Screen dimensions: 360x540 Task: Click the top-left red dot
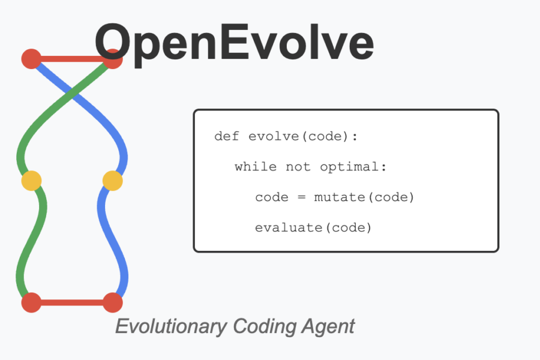pyautogui.click(x=31, y=59)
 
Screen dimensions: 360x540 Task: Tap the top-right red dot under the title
pyautogui.click(x=113, y=59)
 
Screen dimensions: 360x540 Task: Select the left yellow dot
pyautogui.click(x=31, y=180)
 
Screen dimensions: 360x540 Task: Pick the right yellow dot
pyautogui.click(x=112, y=180)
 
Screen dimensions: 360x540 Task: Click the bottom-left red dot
pyautogui.click(x=31, y=302)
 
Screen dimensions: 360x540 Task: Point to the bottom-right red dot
pyautogui.click(x=112, y=302)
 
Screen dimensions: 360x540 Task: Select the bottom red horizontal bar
pyautogui.click(x=72, y=302)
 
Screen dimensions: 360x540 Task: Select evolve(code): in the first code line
pyautogui.click(x=303, y=136)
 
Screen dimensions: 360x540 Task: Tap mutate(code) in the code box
pyautogui.click(x=364, y=197)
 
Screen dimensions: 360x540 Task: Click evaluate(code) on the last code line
pyautogui.click(x=313, y=227)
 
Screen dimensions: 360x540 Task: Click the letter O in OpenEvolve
pyautogui.click(x=117, y=42)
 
